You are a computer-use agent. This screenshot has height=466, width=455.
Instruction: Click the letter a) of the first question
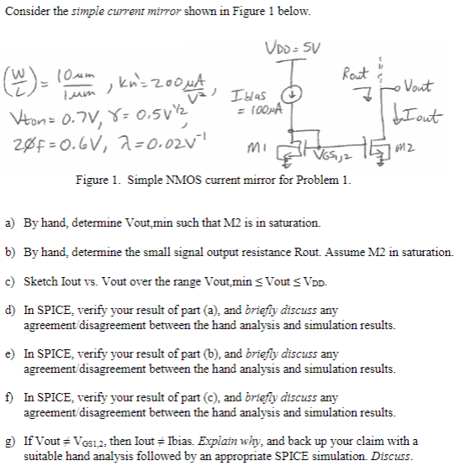10,223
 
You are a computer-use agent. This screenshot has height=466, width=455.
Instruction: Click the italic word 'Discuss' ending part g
392,456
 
